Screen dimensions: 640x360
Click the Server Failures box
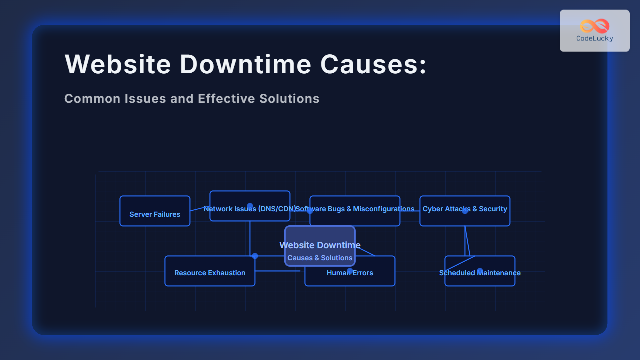155,211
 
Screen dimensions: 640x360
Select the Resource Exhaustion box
210,271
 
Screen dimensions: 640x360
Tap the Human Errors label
350,273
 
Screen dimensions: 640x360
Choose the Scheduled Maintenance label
480,273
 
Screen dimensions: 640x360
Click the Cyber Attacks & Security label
465,209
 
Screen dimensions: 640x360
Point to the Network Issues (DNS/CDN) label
250,209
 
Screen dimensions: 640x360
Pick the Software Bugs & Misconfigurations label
355,209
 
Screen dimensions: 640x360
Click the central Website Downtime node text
320,245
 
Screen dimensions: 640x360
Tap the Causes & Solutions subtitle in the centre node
320,258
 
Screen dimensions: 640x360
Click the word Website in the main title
118,64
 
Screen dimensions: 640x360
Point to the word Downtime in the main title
245,64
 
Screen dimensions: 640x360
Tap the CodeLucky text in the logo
595,38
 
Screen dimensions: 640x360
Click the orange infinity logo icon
595,26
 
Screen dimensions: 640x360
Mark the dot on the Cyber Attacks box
465,211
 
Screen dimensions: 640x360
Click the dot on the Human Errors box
350,271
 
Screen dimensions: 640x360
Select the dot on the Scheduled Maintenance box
480,271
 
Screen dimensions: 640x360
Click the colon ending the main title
423,66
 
